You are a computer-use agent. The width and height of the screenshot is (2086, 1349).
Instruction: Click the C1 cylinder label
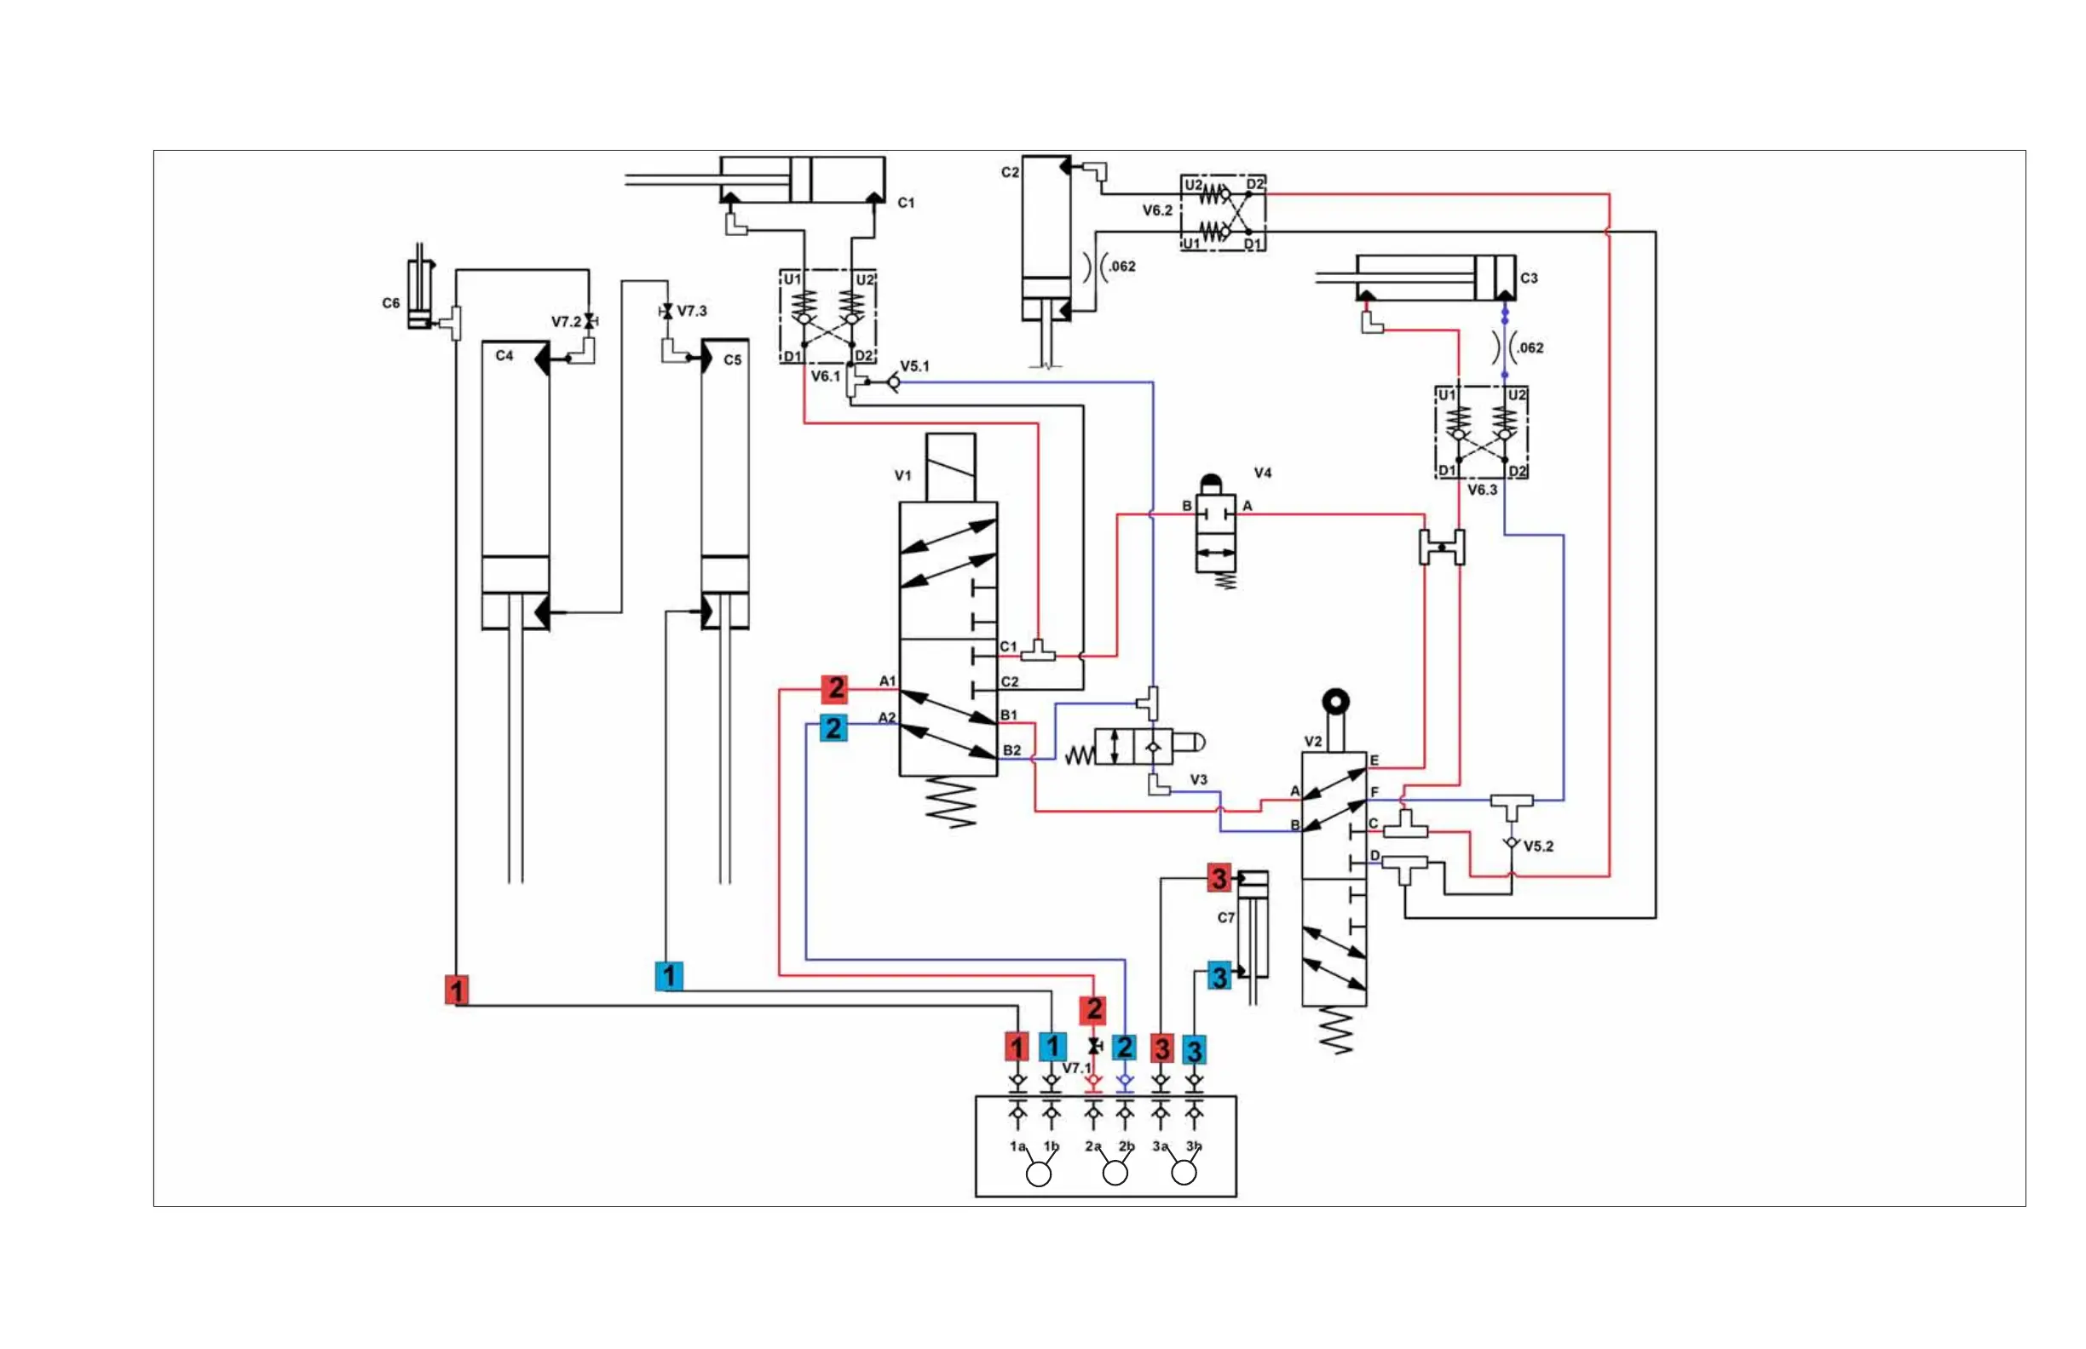coord(906,204)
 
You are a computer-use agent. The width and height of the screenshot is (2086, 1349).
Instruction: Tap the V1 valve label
coord(902,476)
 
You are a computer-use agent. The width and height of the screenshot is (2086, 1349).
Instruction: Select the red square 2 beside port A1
coord(835,688)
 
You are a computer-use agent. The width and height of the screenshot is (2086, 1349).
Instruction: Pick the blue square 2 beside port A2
coord(833,728)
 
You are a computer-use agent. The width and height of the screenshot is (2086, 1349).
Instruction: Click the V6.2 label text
coord(1157,211)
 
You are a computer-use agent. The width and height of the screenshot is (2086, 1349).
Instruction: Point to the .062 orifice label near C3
coord(1530,347)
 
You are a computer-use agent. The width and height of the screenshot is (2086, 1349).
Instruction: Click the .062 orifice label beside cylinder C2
coord(1121,267)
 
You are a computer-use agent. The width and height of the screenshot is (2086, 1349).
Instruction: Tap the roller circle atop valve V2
coord(1335,702)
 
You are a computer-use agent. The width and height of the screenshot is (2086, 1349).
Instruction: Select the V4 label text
coord(1262,473)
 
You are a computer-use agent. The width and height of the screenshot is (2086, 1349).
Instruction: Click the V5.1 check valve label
coord(915,366)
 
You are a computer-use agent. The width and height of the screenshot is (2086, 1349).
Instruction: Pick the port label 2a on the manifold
coord(1093,1145)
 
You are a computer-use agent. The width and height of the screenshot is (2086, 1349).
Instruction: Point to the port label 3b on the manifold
coord(1194,1145)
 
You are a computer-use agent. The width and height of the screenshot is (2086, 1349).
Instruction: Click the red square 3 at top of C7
coord(1219,878)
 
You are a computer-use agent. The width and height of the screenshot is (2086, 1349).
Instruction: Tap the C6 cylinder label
coord(391,303)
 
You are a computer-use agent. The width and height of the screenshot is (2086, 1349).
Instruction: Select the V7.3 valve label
coord(692,311)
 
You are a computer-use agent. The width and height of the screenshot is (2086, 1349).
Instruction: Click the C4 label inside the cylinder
coord(504,356)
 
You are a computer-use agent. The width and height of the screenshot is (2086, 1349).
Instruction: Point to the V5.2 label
coord(1538,847)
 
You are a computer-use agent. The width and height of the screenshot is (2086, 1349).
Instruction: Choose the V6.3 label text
coord(1482,490)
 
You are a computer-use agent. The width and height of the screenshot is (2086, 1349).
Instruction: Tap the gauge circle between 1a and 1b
coord(1039,1174)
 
